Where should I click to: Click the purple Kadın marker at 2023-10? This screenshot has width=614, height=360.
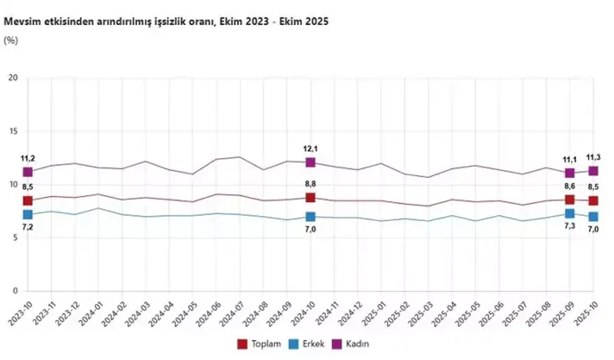(28, 172)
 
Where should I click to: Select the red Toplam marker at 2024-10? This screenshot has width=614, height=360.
(311, 198)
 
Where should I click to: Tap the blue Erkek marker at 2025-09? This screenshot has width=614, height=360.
(570, 214)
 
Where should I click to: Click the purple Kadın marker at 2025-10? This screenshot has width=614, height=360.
(593, 171)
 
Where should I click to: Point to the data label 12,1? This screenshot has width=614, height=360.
(311, 148)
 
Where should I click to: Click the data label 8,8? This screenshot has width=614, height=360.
(311, 184)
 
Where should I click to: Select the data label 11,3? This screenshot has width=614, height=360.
(594, 156)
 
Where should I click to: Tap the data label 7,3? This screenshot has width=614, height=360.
(569, 229)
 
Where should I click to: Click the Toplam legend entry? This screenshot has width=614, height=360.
(259, 344)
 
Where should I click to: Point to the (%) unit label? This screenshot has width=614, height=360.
(11, 40)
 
